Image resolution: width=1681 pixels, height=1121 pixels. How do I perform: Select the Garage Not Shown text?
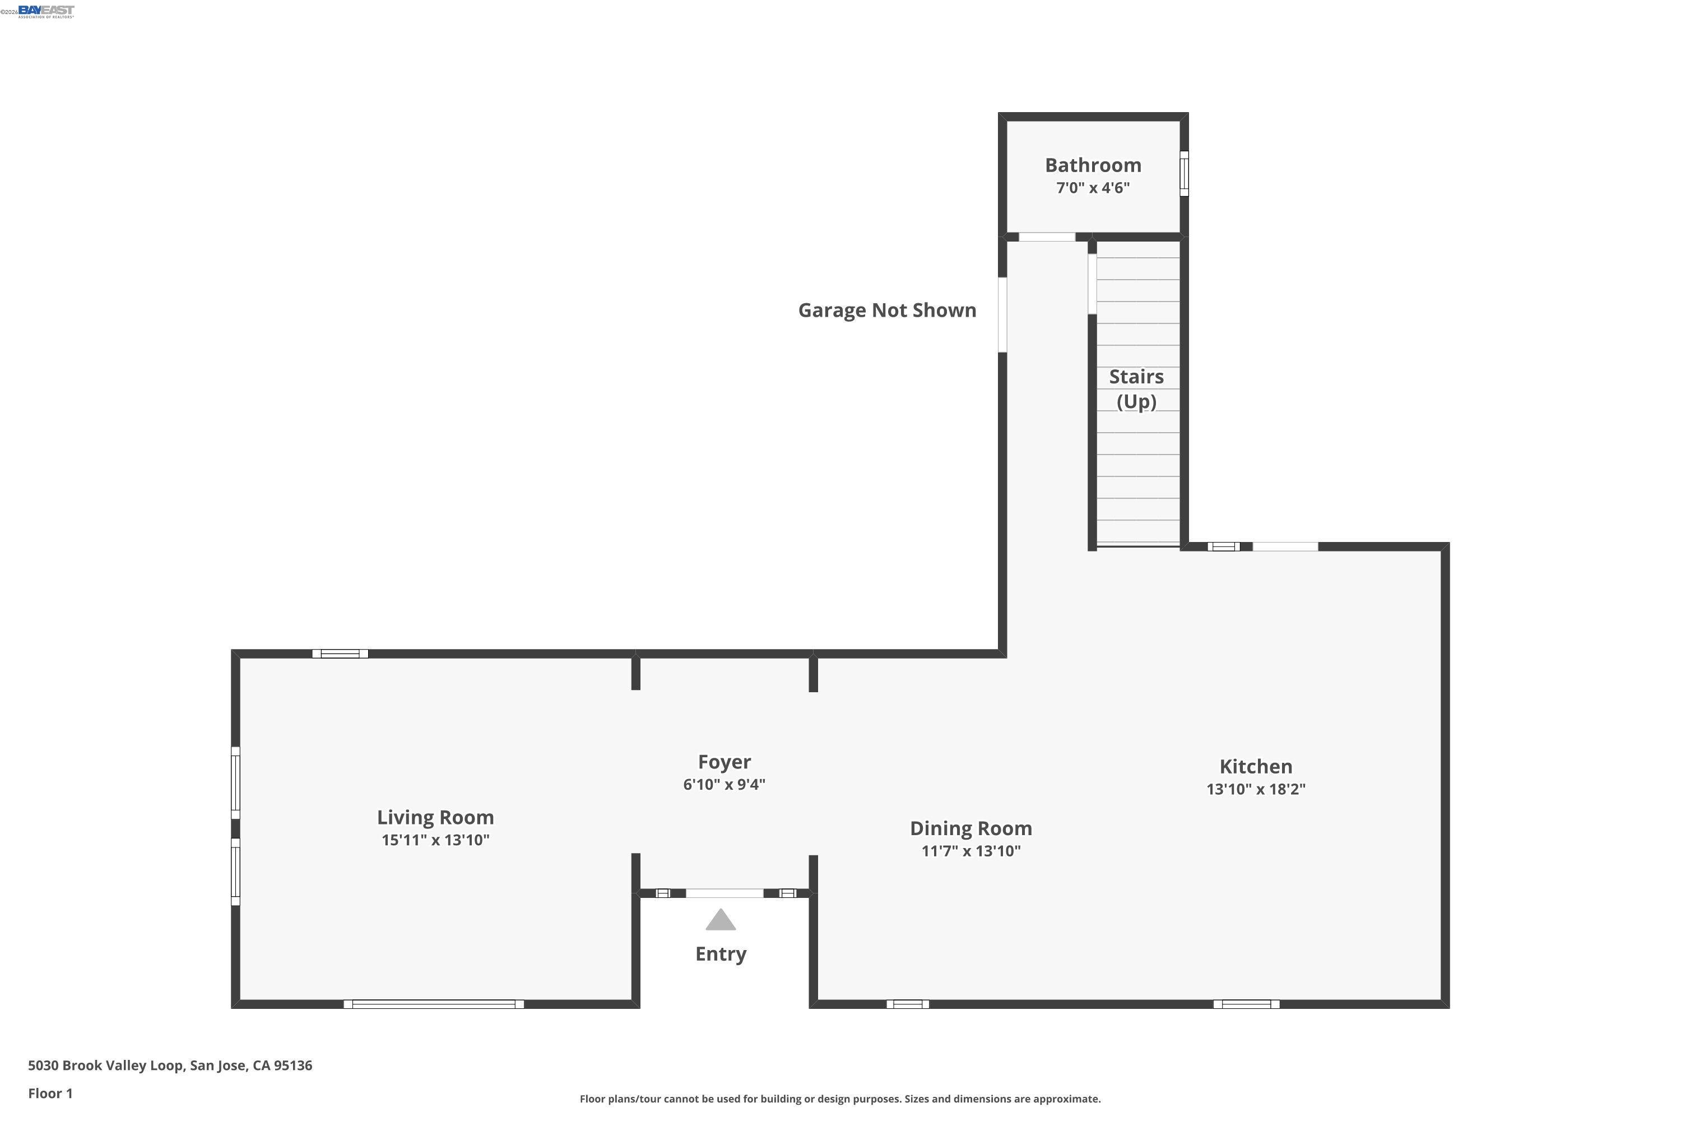pos(887,311)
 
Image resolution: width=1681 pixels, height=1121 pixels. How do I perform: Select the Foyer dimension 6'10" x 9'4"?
pos(724,784)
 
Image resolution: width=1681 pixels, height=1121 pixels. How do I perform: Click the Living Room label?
pos(435,817)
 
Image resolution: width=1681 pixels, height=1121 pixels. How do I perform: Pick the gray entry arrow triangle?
pos(721,921)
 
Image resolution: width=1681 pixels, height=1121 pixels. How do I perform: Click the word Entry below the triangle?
pos(721,954)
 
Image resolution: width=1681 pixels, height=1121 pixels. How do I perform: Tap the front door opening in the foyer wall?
pos(724,893)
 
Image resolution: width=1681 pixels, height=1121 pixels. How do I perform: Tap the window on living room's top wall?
pos(340,654)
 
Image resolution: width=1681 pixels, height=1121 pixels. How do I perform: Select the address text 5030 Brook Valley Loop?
pos(170,1066)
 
